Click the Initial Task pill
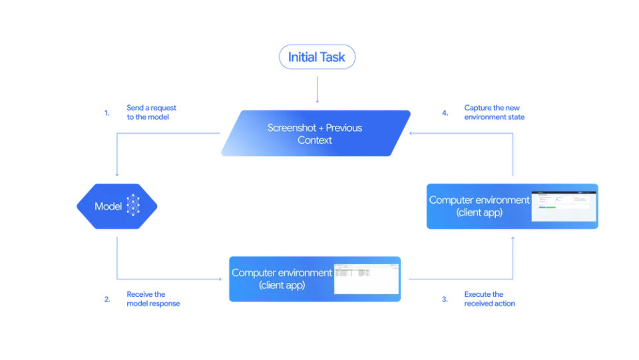317,57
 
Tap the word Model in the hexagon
108,206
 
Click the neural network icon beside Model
134,206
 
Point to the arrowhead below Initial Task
317,102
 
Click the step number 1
107,113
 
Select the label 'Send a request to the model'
151,112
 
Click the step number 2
107,299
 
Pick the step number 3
445,299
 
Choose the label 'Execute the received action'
489,299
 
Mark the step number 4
445,113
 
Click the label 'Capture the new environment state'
494,112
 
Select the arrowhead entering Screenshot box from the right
413,133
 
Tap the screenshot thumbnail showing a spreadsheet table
365,279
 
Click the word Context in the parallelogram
315,140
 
